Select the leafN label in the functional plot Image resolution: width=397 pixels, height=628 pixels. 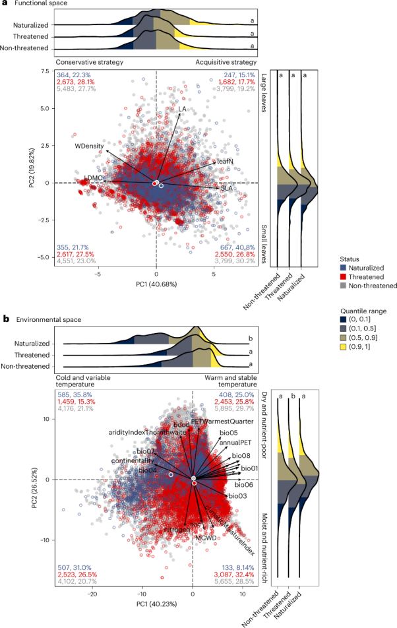coord(225,161)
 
